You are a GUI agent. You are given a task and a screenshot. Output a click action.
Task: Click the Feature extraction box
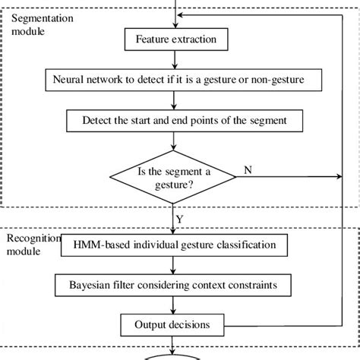point(176,39)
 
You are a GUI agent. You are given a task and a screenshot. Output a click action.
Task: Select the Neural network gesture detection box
point(184,80)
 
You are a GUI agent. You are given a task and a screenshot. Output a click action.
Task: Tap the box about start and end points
point(185,121)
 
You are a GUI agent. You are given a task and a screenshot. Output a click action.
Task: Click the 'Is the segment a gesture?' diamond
point(173,177)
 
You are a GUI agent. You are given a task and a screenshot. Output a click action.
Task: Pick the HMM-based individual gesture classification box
point(174,245)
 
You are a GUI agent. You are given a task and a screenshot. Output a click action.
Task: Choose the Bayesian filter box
point(173,285)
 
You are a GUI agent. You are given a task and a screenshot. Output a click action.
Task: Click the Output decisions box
point(172,325)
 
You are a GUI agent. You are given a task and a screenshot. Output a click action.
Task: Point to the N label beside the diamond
point(248,170)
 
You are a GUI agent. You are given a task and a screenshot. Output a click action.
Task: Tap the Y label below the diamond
point(179,219)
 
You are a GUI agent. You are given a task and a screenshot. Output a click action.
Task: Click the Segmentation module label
point(43,25)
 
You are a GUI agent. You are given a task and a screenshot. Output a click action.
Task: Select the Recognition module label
point(33,245)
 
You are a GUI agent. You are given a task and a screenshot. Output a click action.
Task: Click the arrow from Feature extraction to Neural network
point(175,59)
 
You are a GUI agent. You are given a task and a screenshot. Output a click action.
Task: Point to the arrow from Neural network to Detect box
point(174,100)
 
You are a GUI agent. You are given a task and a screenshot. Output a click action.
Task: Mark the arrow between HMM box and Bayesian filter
point(173,265)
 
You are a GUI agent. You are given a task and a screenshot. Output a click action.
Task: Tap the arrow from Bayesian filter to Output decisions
point(173,305)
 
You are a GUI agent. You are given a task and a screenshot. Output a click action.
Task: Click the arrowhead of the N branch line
point(339,176)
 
